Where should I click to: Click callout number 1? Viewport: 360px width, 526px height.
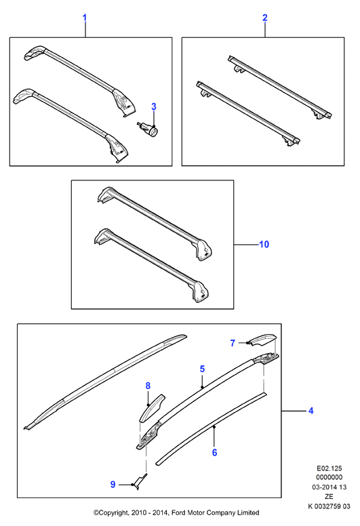click(x=85, y=18)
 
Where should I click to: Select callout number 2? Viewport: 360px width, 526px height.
click(x=265, y=18)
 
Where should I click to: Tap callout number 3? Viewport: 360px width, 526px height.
click(x=154, y=106)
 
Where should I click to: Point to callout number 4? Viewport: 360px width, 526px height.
click(x=311, y=411)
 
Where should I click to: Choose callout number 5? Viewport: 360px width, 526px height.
click(x=202, y=369)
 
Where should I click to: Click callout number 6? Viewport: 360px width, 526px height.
click(x=215, y=453)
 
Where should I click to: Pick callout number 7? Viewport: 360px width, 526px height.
click(x=233, y=343)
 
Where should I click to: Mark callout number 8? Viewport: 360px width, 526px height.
click(x=148, y=386)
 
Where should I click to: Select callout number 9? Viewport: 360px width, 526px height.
click(x=113, y=485)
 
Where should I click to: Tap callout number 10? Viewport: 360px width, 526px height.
click(x=264, y=244)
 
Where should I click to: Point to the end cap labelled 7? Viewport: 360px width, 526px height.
click(x=264, y=340)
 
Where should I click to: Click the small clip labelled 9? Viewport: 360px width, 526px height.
click(x=140, y=481)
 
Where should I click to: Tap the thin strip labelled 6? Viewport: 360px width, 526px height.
click(x=212, y=428)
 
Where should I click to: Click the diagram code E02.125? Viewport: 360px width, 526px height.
click(x=329, y=468)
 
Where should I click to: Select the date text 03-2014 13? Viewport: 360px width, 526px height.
click(x=329, y=487)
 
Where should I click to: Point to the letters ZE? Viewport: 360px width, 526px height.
click(x=329, y=497)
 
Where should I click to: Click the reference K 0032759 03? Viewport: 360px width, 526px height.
click(x=329, y=506)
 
